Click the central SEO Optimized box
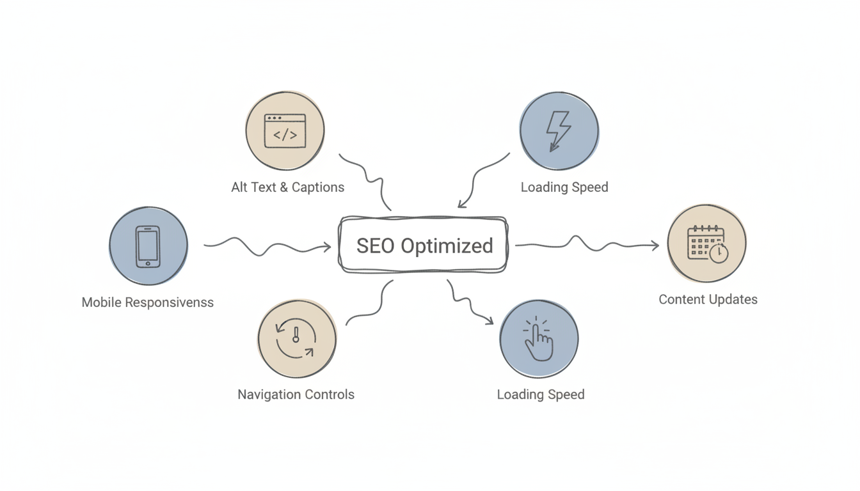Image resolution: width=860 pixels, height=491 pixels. [x=423, y=245]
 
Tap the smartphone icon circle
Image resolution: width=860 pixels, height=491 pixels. [x=148, y=245]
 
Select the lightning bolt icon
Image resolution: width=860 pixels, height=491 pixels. [x=559, y=130]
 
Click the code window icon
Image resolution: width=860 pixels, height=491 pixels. [x=285, y=131]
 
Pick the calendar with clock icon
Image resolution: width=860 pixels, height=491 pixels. [x=706, y=244]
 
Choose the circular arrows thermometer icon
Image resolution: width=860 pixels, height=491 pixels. [x=296, y=339]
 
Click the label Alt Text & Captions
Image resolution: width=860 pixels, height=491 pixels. [x=287, y=187]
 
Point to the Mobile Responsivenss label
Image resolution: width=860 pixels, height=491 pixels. [x=147, y=302]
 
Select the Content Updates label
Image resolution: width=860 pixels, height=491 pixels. [x=708, y=299]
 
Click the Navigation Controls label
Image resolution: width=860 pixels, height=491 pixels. [x=296, y=394]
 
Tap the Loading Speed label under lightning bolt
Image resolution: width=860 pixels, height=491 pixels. [x=564, y=187]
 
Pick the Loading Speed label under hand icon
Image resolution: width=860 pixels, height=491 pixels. [x=540, y=394]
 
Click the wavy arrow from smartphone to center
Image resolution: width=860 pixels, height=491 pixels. [x=269, y=246]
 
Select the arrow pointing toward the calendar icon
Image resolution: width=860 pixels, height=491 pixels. [x=585, y=244]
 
